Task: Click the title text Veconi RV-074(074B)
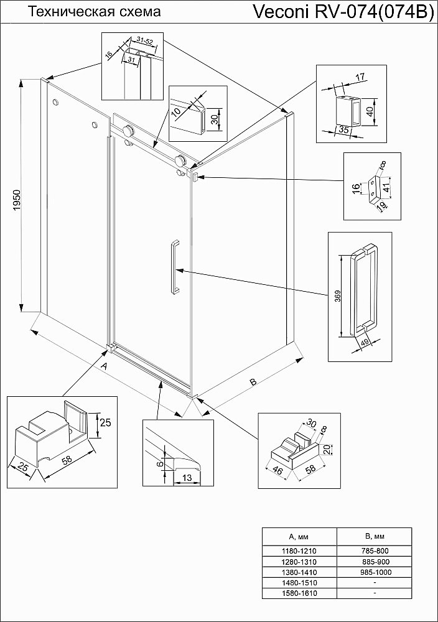pos(343,12)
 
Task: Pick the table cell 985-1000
pos(374,572)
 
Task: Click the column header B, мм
pos(374,536)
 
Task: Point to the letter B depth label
pos(253,381)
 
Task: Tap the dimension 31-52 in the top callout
pos(145,40)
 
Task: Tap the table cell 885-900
pos(374,560)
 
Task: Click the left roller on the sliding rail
pos(129,132)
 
